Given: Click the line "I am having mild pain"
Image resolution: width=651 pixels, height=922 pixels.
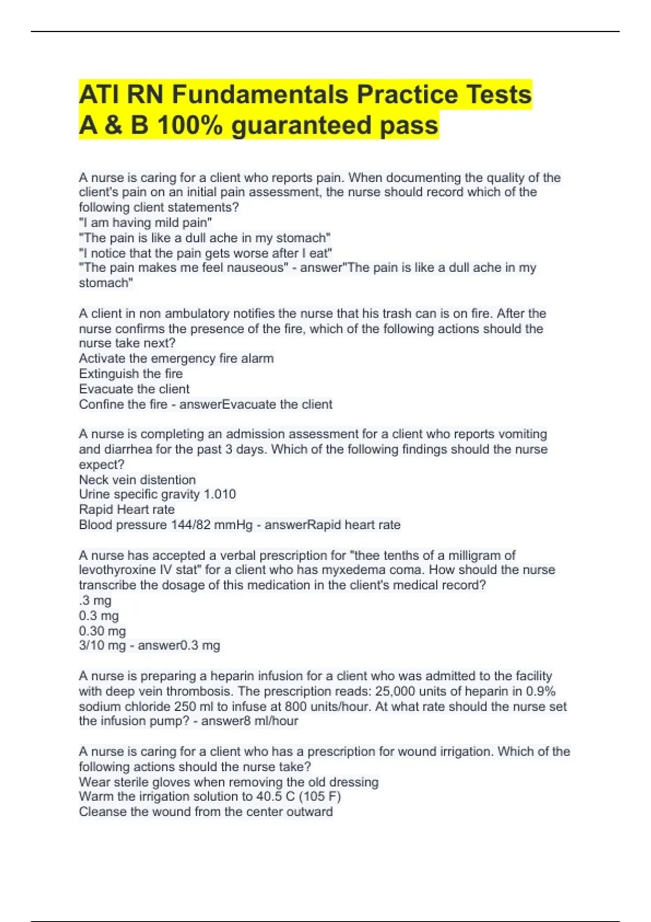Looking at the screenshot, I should tap(145, 222).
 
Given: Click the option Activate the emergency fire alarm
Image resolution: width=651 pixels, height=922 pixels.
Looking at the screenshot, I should tap(176, 358).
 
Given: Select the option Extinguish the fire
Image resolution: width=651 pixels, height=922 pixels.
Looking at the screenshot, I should tap(131, 374).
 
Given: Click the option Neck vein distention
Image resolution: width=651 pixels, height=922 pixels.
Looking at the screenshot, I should tap(137, 479).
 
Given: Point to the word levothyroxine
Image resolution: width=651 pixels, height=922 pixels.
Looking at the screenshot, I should tap(117, 570).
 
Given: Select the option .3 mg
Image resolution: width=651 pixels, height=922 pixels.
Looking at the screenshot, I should tap(95, 600).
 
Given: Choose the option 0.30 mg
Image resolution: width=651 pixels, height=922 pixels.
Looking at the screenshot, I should tap(102, 631).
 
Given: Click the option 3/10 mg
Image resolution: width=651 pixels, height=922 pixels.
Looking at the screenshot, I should tap(102, 645).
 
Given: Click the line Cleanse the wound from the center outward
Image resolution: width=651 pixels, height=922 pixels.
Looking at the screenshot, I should tap(206, 811).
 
